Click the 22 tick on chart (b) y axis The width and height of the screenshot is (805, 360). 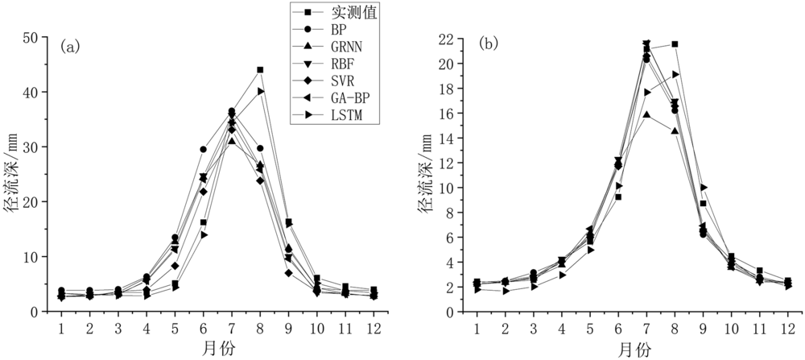(452, 39)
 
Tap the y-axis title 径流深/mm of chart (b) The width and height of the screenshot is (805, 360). (424, 176)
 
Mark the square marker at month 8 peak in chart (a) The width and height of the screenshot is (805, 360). (260, 70)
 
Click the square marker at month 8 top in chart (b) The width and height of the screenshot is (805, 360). (675, 44)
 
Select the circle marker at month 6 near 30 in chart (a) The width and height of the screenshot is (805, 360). (203, 149)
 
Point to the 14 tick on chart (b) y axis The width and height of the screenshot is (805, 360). (452, 138)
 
